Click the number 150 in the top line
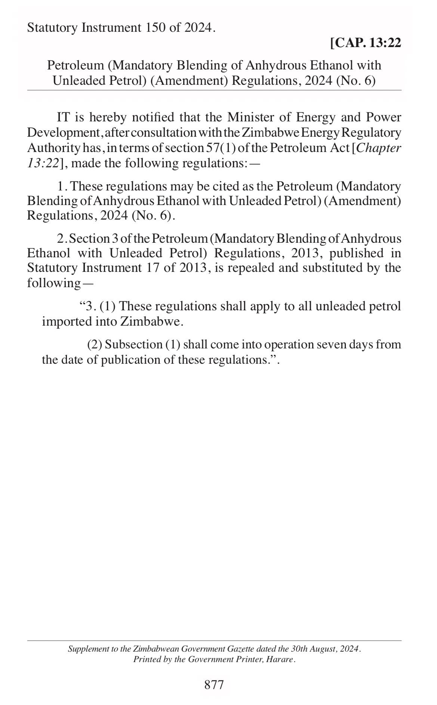click(x=153, y=28)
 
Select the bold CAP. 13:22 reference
click(x=366, y=43)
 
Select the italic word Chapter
click(x=378, y=148)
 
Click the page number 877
click(x=214, y=684)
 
